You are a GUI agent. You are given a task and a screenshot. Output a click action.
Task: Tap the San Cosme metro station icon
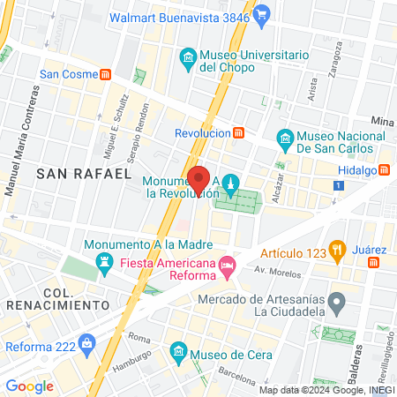point(106,74)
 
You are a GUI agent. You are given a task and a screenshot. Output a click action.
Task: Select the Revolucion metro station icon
point(238,133)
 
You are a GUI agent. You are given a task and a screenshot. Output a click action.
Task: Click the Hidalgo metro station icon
point(385,171)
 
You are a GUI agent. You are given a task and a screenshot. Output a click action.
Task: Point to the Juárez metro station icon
point(374,262)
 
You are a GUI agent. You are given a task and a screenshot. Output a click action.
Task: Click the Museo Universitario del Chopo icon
point(187,60)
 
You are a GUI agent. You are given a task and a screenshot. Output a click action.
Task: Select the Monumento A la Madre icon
point(105,262)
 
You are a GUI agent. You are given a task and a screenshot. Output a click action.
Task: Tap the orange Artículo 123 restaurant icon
point(336,248)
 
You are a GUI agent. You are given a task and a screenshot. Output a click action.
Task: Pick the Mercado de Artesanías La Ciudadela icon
point(336,304)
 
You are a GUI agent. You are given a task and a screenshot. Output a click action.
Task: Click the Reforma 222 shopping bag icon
point(86,342)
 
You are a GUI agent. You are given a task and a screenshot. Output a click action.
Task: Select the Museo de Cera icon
point(176,356)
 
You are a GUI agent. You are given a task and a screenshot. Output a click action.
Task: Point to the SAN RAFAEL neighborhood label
point(85,175)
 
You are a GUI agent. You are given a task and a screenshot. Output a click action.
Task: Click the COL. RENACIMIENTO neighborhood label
point(56,298)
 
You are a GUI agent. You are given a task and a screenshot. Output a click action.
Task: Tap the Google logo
point(29,386)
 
